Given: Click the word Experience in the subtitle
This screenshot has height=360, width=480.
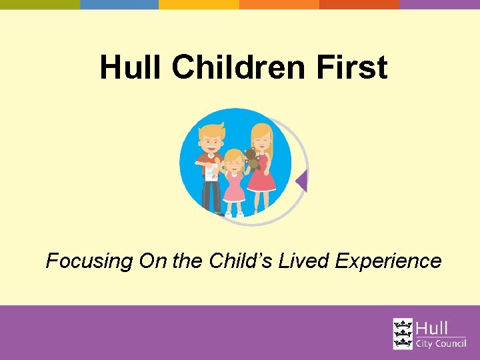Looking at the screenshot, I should pyautogui.click(x=388, y=261).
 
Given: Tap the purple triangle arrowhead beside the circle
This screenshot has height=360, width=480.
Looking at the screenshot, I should pyautogui.click(x=302, y=181).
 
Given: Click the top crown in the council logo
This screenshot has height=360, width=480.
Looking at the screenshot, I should pyautogui.click(x=403, y=325).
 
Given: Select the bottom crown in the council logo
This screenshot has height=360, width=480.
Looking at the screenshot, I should pyautogui.click(x=403, y=343).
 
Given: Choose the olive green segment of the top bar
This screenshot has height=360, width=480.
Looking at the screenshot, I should pyautogui.click(x=40, y=4).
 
